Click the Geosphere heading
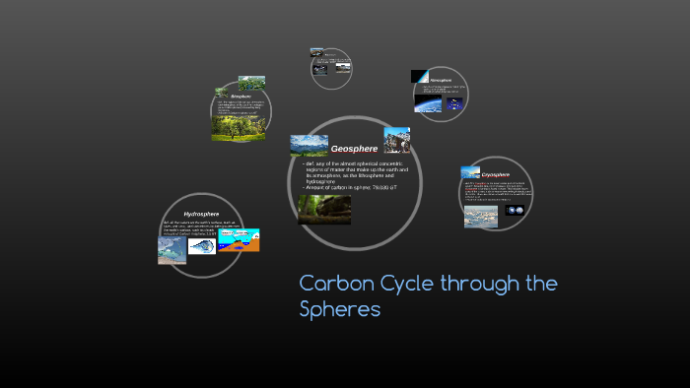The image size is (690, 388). pyautogui.click(x=354, y=149)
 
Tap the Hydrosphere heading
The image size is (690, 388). pyautogui.click(x=201, y=214)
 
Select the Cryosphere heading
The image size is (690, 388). pyautogui.click(x=495, y=174)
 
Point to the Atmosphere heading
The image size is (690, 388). pyautogui.click(x=441, y=80)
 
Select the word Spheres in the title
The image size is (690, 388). pyautogui.click(x=339, y=310)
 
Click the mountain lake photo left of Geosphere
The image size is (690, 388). pyautogui.click(x=309, y=145)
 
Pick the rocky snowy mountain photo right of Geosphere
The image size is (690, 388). pyautogui.click(x=396, y=140)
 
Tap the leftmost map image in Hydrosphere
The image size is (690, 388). pyautogui.click(x=172, y=250)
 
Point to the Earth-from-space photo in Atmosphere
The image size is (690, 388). pyautogui.click(x=433, y=101)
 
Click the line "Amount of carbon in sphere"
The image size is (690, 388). pyautogui.click(x=349, y=187)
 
